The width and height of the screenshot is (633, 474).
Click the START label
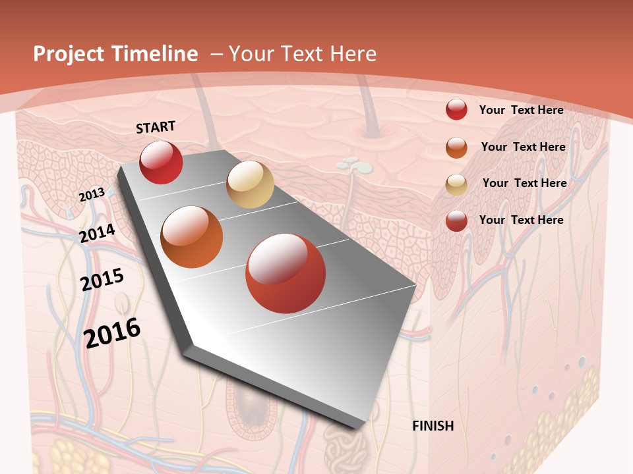[156, 127]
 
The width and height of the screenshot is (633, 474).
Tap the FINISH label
[433, 426]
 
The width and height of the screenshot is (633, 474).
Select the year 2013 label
[92, 195]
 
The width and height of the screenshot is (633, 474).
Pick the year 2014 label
[98, 233]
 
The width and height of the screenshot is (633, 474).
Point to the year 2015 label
[102, 280]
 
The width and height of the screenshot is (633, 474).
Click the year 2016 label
[112, 332]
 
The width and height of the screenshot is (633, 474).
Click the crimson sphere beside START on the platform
[161, 162]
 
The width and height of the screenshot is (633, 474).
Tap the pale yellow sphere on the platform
[250, 184]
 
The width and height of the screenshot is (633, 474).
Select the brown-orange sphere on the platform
[191, 237]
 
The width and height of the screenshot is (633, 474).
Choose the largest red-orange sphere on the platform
[286, 273]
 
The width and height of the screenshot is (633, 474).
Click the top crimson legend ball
[456, 109]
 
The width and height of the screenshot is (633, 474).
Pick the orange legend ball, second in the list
[456, 147]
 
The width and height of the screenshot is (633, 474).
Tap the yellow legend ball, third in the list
[456, 184]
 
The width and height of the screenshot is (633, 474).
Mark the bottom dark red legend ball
[456, 221]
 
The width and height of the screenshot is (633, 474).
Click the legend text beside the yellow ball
[524, 183]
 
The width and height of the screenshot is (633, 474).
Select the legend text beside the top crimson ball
[521, 110]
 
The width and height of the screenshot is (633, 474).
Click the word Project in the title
[68, 54]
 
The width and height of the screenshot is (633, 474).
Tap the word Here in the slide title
[353, 54]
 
